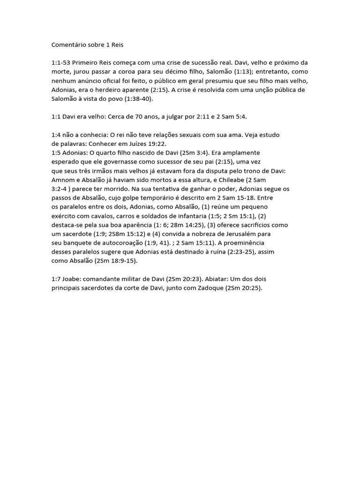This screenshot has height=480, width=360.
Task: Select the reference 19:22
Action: (x=157, y=143)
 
